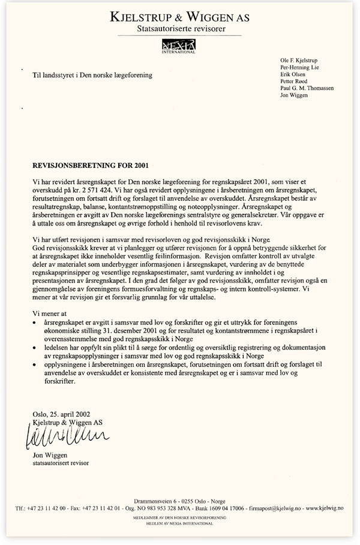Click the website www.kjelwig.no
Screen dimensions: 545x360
[x=325, y=508]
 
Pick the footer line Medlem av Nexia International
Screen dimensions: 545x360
[x=180, y=523]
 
